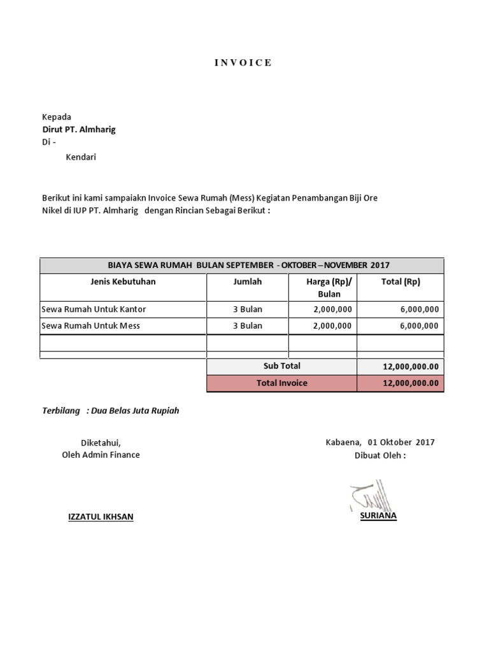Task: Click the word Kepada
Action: pos(57,117)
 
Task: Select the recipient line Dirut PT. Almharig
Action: pos(79,129)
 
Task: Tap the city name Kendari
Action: pos(81,157)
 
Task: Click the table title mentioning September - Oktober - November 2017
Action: pos(241,266)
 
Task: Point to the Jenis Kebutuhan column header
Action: pos(123,281)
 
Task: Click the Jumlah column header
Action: pos(247,281)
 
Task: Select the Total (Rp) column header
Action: pos(400,281)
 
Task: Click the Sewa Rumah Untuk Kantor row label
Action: pos(94,309)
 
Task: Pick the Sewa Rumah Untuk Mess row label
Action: pos(91,326)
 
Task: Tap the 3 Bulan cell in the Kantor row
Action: pos(247,309)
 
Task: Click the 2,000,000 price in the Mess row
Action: pos(332,326)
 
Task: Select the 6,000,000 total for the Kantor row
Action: pos(418,309)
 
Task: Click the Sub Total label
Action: pos(281,366)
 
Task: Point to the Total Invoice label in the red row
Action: pos(281,383)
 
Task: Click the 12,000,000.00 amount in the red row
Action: pos(411,383)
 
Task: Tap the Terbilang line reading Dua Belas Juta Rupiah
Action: pos(111,411)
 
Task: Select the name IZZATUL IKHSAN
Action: pos(101,517)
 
